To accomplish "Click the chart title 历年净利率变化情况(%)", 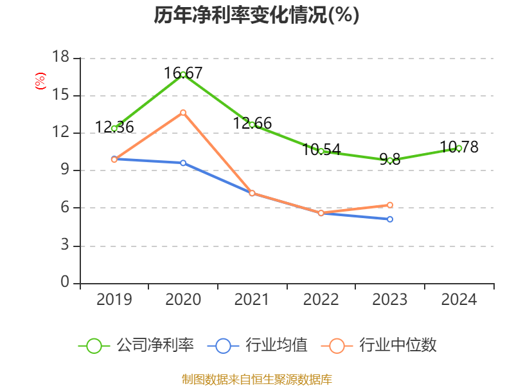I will point(256,15).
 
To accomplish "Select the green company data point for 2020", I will point(183,75).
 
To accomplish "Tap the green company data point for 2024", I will point(459,148).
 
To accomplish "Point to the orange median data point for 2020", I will point(183,113).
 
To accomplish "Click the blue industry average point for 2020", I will point(183,163).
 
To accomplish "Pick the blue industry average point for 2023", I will point(390,219).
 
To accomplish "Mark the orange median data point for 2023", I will point(390,205).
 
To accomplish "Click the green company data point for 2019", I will point(114,129).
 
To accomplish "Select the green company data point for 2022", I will point(321,151).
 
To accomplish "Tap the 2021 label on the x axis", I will point(252,300).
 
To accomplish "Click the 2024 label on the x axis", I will point(459,300).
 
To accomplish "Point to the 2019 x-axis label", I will point(114,300).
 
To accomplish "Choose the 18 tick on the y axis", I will point(60,58).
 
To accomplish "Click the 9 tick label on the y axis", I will point(65,170).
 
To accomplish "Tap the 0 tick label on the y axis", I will point(65,283).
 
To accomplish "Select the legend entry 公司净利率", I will point(136,345).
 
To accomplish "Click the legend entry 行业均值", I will point(258,345).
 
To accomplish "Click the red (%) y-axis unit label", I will point(40,82).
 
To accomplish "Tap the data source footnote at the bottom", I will point(256,380).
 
